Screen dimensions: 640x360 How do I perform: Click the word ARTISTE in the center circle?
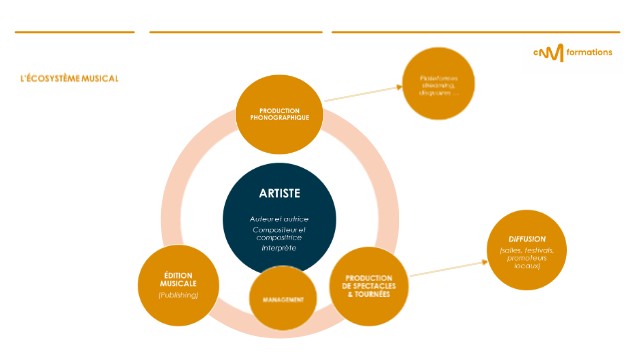pos(280,193)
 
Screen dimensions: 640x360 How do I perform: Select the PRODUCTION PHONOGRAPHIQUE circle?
pos(279,112)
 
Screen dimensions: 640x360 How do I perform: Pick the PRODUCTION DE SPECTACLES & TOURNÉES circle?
pos(369,283)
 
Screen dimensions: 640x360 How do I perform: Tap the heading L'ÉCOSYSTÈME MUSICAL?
pos(69,78)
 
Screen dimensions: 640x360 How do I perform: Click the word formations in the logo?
pos(589,52)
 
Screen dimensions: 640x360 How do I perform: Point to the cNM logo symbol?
pos(549,52)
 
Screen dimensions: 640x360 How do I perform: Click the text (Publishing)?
pos(178,295)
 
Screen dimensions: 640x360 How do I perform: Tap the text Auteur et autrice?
pos(280,218)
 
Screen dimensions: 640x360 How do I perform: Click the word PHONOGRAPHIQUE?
pos(279,117)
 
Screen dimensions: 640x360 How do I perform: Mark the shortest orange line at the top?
pos(74,32)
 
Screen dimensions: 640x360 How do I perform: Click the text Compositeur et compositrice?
pos(280,234)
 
